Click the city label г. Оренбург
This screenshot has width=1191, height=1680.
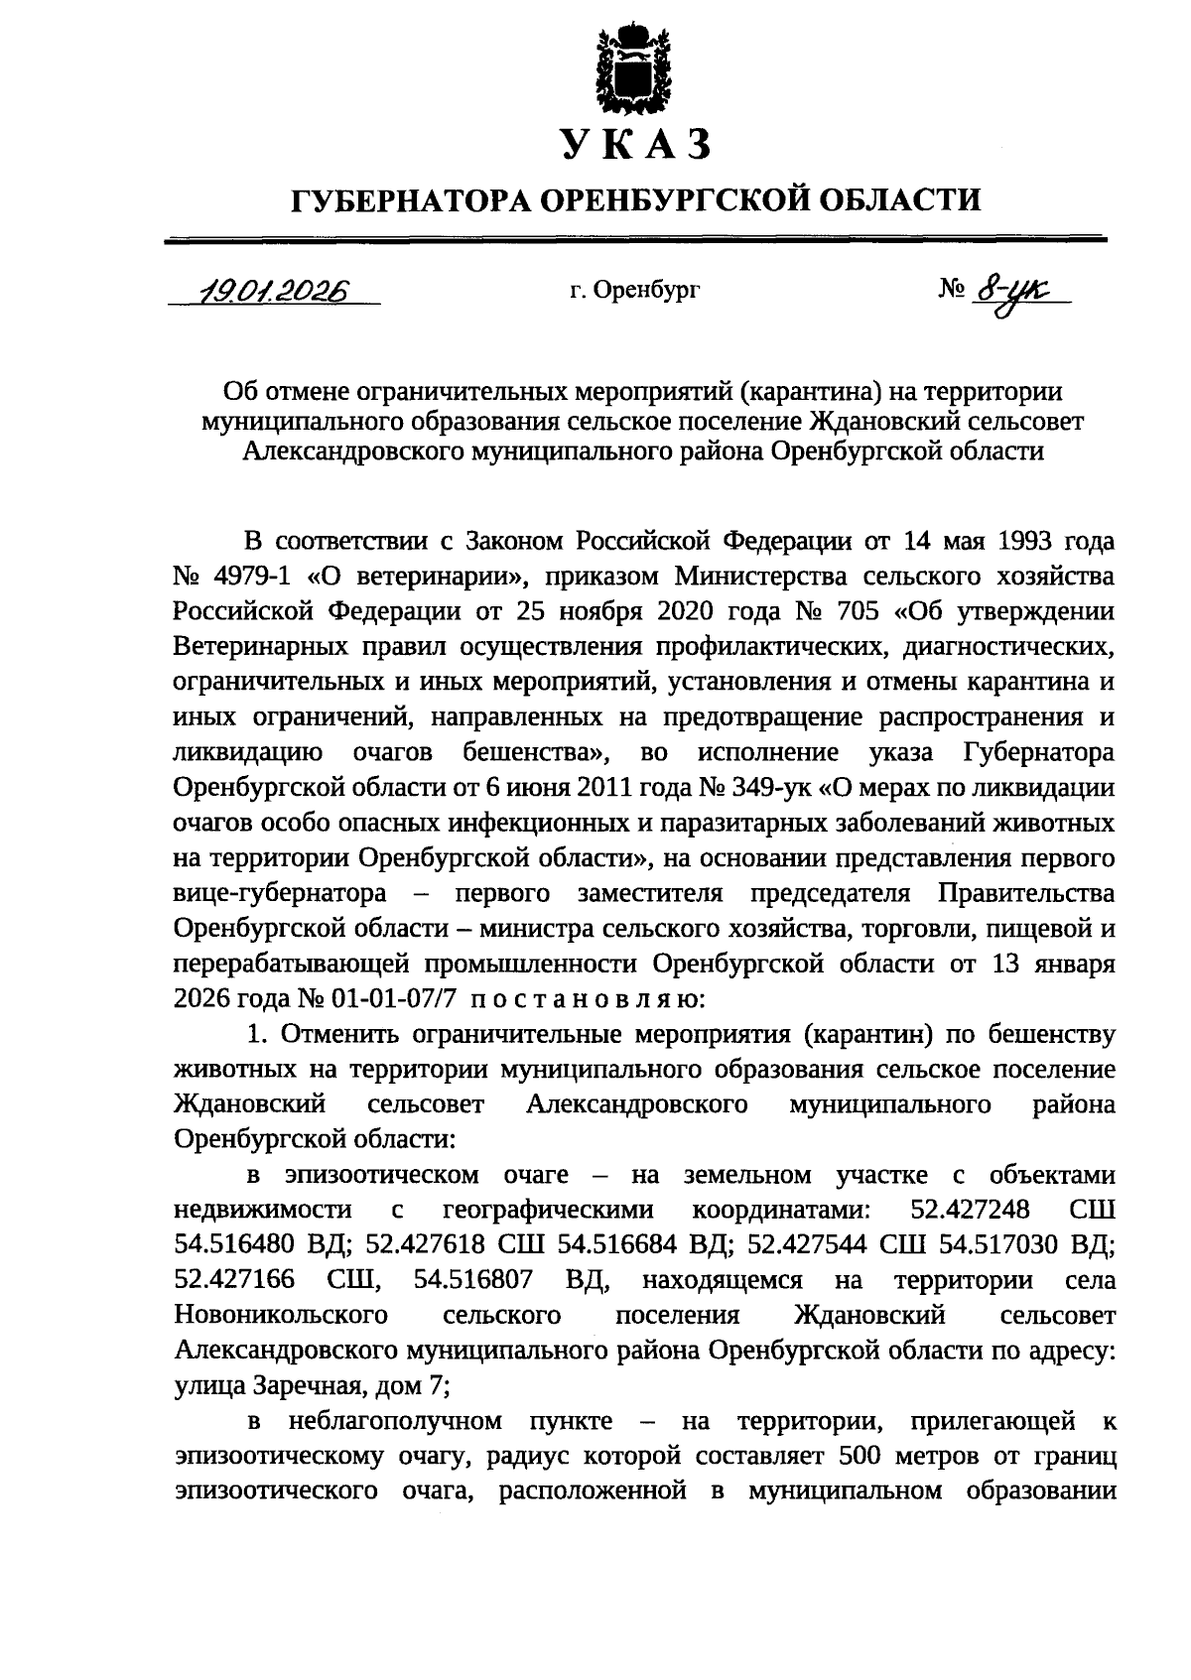click(635, 291)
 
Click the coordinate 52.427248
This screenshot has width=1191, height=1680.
click(970, 1210)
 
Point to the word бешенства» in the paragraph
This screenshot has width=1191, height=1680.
click(536, 752)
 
